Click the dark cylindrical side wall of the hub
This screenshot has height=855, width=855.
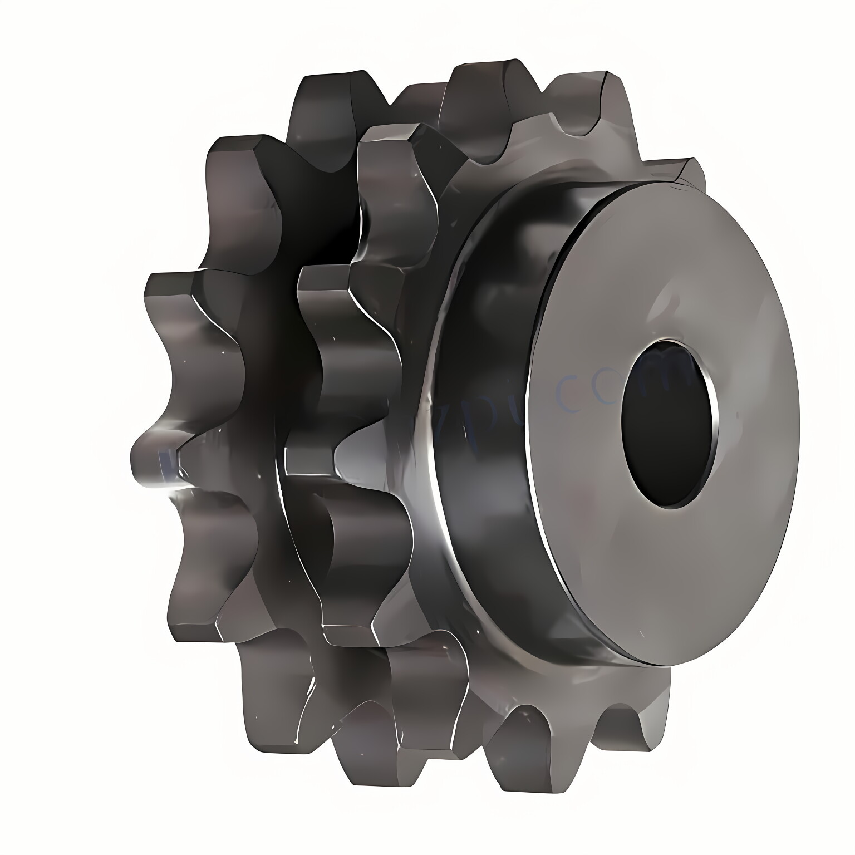(490, 445)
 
